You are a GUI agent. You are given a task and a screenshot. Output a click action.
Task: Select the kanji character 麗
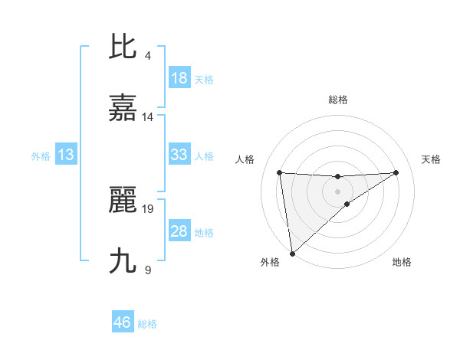[x=123, y=200]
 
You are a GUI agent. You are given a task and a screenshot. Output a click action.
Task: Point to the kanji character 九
[x=123, y=261]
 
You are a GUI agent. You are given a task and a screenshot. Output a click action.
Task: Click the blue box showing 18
[x=179, y=78]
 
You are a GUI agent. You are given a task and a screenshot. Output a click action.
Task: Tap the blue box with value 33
[x=179, y=155]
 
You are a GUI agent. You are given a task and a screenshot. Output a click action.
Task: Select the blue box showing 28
[x=179, y=231]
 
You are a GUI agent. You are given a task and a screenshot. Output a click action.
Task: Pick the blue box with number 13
[x=66, y=155]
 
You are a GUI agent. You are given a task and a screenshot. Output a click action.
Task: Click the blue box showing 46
[x=123, y=322]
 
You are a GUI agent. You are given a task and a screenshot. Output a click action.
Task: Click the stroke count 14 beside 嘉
[x=148, y=117]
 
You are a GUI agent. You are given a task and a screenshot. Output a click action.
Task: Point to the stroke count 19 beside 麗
[x=148, y=208]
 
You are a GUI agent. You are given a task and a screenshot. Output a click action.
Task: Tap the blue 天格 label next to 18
[x=204, y=79]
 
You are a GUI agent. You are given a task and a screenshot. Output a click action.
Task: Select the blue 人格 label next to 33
[x=204, y=155]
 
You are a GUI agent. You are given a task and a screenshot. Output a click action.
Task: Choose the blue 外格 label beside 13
[x=41, y=155]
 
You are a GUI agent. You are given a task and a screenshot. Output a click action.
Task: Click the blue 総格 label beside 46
[x=147, y=323]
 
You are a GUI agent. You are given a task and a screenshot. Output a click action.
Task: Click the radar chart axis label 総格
[x=338, y=100]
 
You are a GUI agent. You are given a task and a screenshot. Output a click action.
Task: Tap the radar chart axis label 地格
[x=402, y=262]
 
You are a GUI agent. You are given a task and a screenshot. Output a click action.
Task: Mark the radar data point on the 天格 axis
[x=396, y=172]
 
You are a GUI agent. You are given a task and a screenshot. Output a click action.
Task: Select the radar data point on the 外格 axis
[x=292, y=253]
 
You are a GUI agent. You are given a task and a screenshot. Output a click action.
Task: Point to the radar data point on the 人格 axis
[x=279, y=172]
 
